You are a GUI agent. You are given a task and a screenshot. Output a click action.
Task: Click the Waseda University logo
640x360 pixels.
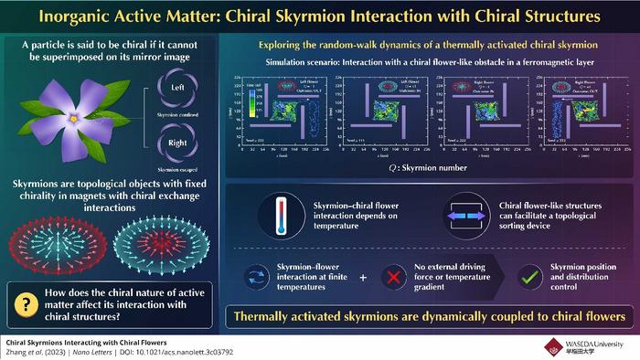[591, 344]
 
